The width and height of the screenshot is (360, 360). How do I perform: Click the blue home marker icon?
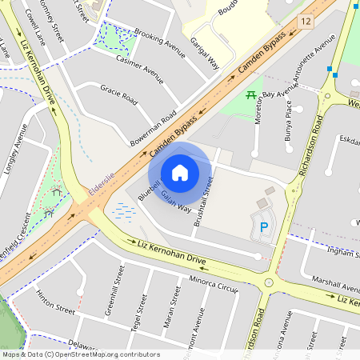coord(180,172)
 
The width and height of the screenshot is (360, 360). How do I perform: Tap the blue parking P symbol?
coord(264,228)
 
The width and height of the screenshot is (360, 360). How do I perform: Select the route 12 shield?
coord(305,20)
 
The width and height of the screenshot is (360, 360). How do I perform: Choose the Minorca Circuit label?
coord(214,284)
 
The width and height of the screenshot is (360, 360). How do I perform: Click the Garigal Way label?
coord(205,53)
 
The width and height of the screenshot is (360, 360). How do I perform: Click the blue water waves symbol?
coord(126,211)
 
